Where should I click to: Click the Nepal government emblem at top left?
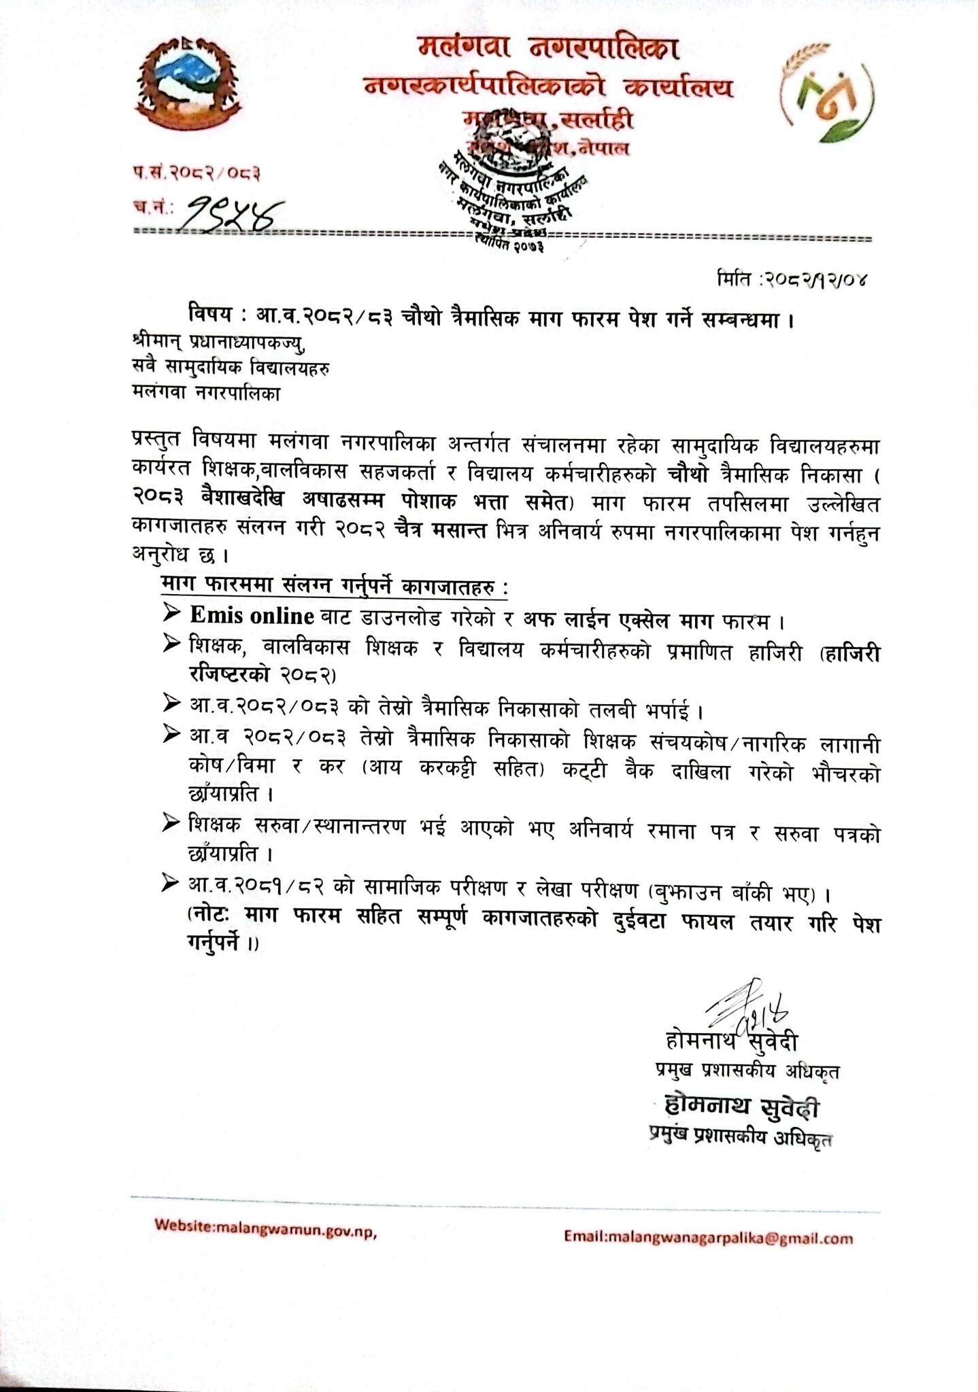[x=186, y=85]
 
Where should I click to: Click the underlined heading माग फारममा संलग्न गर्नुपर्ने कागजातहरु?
[x=333, y=586]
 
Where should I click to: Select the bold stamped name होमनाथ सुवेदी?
[x=741, y=1109]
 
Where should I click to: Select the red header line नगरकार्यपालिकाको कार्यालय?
[x=550, y=87]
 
